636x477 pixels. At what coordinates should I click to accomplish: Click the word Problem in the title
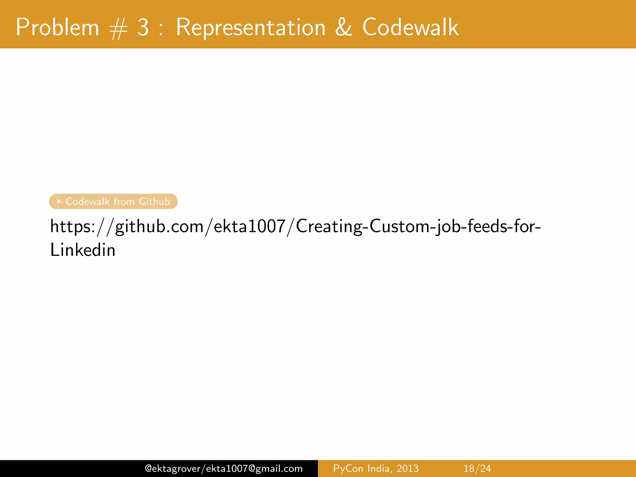coord(57,27)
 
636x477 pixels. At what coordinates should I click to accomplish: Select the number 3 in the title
coord(143,27)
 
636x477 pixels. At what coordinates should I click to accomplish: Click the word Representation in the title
coord(251,27)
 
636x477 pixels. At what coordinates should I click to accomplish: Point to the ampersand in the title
coord(343,27)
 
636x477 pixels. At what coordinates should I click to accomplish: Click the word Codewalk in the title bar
coord(410,27)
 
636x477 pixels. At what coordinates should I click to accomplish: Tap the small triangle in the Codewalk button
coord(59,202)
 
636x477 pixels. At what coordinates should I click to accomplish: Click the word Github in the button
coord(154,202)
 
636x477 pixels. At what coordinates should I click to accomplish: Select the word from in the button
coord(124,202)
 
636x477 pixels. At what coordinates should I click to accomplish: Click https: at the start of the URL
coord(72,226)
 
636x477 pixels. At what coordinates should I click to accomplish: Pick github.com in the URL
coord(159,226)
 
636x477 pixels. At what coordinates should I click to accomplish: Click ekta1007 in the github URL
coord(249,226)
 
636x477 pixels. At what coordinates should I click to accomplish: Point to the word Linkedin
coord(83,250)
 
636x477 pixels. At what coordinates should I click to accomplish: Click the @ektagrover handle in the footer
coord(173,468)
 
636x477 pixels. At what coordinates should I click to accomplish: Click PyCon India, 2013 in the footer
coord(376,468)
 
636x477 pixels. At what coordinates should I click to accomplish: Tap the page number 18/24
coord(477,468)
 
